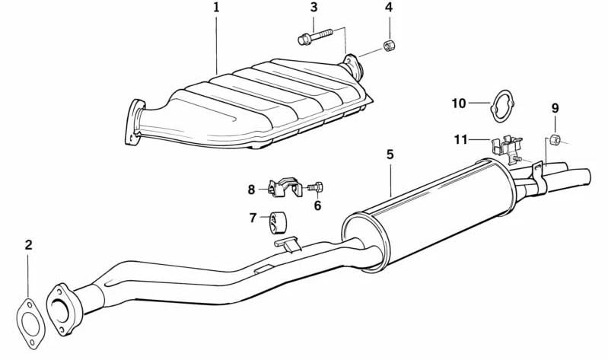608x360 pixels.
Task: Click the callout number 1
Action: pyautogui.click(x=216, y=8)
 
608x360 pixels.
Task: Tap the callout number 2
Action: pyautogui.click(x=28, y=245)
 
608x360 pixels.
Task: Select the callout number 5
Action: pyautogui.click(x=390, y=155)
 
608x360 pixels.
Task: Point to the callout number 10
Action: pyautogui.click(x=459, y=104)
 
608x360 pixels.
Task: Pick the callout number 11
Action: pyautogui.click(x=460, y=139)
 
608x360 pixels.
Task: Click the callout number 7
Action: pyautogui.click(x=253, y=218)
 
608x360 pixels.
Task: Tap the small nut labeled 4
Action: pyautogui.click(x=389, y=46)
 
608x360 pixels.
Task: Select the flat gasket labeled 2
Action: pyautogui.click(x=30, y=323)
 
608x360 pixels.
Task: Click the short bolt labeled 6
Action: pyautogui.click(x=316, y=188)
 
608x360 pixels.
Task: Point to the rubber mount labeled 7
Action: pyautogui.click(x=277, y=224)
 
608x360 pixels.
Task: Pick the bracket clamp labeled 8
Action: pyautogui.click(x=285, y=187)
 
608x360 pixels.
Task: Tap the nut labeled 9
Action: pyautogui.click(x=554, y=139)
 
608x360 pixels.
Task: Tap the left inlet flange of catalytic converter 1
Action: pyautogui.click(x=134, y=122)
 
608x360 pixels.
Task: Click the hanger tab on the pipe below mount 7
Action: pyautogui.click(x=288, y=244)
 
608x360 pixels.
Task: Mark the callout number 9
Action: pyautogui.click(x=555, y=108)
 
